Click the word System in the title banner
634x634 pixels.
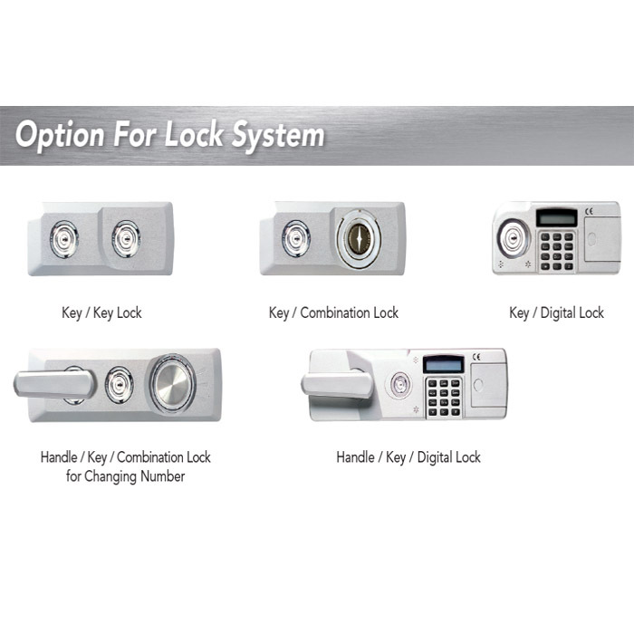(278, 135)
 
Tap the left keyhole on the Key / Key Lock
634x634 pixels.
(64, 239)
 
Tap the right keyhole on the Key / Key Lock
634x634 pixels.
(126, 239)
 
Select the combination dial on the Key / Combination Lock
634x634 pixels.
(359, 238)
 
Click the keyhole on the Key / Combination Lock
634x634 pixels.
(296, 238)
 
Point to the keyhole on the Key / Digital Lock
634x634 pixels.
(514, 238)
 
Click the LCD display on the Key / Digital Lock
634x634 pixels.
(557, 218)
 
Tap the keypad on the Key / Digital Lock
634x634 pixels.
(557, 251)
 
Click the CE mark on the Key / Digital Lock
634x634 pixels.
(589, 211)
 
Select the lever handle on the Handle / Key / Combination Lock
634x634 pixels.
(54, 384)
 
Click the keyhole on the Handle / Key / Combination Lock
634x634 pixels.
(119, 385)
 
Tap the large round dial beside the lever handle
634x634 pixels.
(173, 385)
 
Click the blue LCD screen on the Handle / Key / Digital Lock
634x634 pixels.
(444, 364)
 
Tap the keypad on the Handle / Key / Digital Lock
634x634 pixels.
(444, 397)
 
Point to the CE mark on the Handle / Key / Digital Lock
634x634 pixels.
(476, 357)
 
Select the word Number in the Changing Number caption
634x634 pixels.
(162, 476)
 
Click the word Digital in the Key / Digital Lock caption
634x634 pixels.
(558, 313)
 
